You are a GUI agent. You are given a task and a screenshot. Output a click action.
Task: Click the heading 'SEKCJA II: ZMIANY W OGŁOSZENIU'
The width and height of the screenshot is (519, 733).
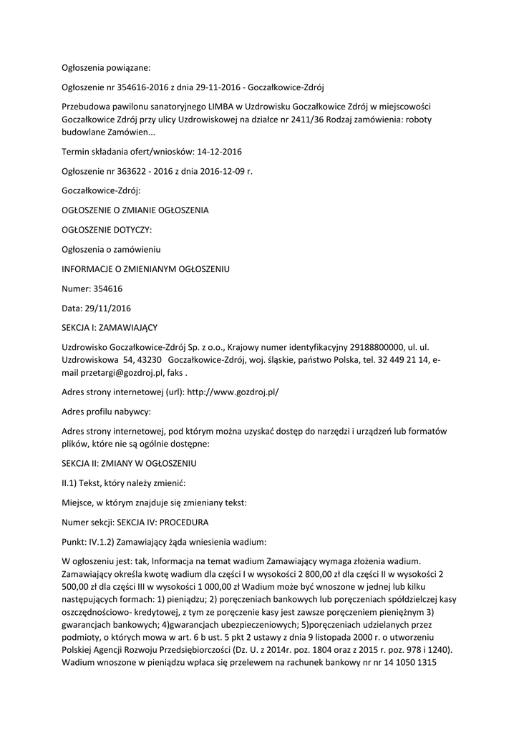[129, 464]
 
